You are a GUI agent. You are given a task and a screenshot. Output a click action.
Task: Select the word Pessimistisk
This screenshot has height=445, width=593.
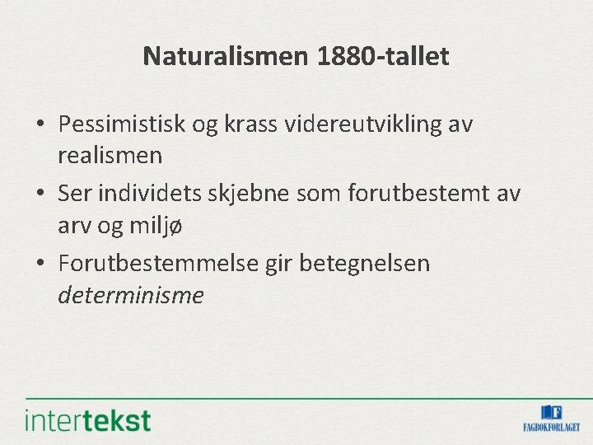(122, 124)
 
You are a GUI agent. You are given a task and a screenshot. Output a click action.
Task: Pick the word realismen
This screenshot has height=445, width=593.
(110, 154)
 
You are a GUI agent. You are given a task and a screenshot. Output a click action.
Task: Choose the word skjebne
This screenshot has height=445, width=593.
(254, 194)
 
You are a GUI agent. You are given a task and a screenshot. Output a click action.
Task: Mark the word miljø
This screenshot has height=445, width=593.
(149, 224)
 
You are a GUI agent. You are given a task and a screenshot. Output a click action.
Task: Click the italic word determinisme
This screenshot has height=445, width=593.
(130, 294)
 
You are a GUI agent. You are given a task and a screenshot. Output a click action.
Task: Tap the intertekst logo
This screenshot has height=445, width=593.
(88, 419)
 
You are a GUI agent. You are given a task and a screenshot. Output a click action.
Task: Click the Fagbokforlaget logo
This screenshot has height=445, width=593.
(551, 418)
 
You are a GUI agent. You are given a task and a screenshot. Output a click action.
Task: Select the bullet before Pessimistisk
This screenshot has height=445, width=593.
(40, 125)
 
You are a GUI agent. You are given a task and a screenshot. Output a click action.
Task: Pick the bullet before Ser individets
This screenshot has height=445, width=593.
(40, 194)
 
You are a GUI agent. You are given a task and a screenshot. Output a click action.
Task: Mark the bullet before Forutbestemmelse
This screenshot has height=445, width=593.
(40, 265)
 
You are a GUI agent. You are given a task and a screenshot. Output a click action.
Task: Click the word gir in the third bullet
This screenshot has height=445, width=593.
(284, 264)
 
